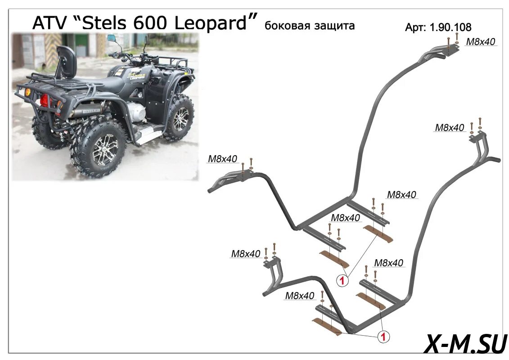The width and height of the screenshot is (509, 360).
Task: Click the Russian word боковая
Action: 286,26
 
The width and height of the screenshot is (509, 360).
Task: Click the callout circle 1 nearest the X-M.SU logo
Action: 383,336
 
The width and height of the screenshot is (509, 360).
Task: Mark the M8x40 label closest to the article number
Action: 480,42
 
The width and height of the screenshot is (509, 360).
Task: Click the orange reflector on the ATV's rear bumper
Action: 27,92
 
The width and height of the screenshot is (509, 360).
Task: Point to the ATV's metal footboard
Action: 149,133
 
